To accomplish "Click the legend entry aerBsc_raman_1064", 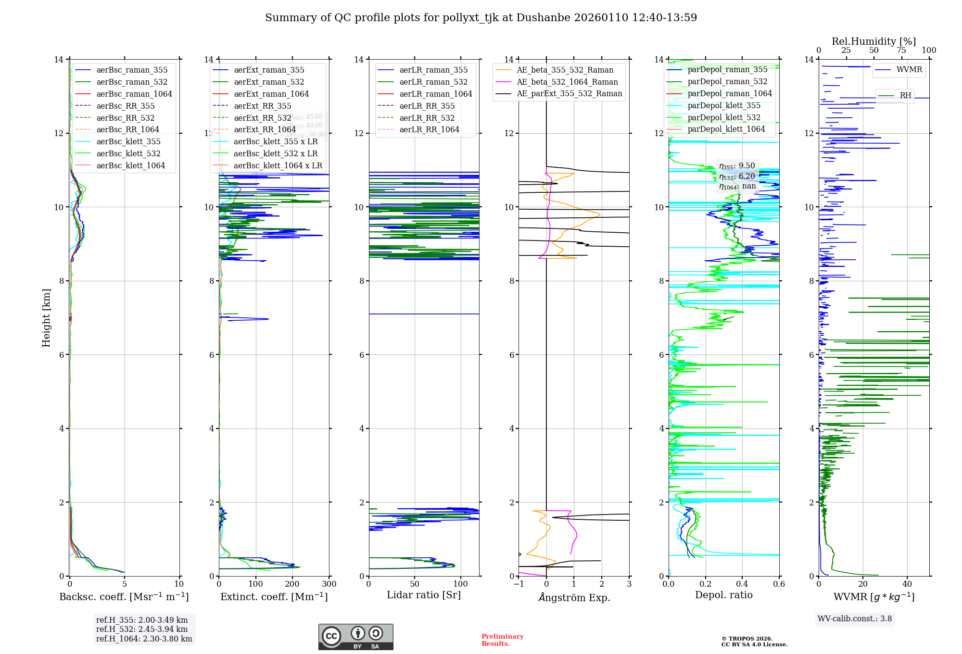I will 134,94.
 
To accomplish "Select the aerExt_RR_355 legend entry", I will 262,106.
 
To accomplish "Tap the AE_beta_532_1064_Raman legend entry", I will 567,82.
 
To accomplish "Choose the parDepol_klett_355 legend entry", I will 724,105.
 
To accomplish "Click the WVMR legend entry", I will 909,70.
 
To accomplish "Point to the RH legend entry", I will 905,95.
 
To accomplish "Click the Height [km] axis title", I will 46,317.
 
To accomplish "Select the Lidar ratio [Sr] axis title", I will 424,595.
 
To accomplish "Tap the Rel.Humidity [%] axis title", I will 873,41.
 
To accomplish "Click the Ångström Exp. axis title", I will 574,597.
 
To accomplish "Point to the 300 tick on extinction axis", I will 329,584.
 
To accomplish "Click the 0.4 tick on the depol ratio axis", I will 742,584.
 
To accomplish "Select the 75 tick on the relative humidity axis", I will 901,50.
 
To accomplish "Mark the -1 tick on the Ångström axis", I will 519,584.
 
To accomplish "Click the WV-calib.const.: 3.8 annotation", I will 855,618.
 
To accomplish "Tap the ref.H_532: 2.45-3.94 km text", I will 142,629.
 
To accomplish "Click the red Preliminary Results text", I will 502,640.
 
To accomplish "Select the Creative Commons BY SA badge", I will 355,637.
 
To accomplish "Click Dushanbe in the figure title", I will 543,18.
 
